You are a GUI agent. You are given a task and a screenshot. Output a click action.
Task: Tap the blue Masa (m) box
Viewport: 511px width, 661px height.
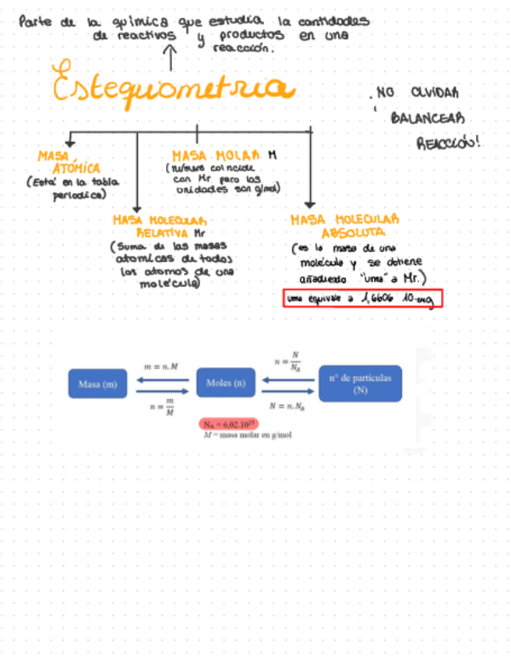(97, 384)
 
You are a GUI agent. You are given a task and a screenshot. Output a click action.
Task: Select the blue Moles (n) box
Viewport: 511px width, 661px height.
(226, 383)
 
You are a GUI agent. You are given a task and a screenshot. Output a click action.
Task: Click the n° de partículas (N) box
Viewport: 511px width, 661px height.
(360, 383)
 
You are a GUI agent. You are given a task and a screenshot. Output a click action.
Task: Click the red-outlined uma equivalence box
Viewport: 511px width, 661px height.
(363, 299)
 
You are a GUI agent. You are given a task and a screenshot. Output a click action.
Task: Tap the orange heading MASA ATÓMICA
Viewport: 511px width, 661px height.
(69, 163)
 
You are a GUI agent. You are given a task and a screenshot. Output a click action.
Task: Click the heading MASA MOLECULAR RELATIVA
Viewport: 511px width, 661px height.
(160, 226)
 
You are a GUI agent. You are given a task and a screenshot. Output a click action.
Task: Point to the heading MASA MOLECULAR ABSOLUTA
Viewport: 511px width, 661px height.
(345, 226)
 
